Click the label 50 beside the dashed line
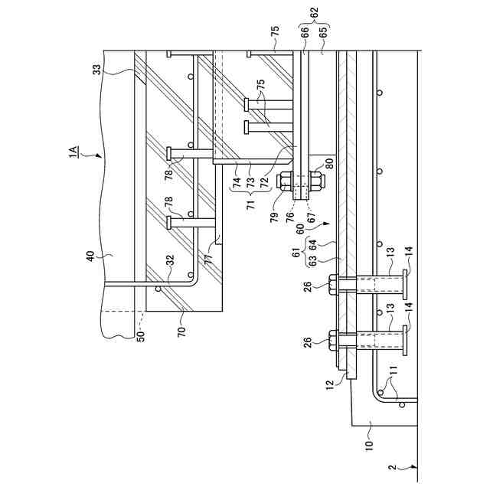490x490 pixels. (x=140, y=334)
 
